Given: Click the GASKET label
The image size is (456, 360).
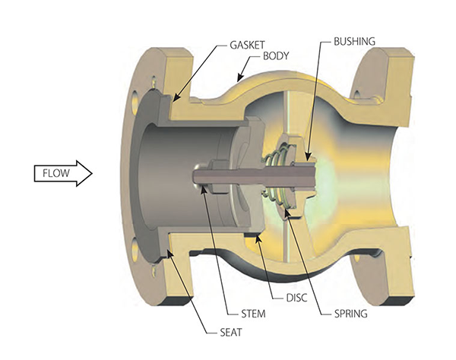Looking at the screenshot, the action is point(247,45).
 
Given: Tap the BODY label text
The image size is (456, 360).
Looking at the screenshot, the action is point(276,55).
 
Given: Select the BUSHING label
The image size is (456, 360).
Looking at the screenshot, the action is point(354,42).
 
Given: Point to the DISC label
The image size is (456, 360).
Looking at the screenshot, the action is point(296,298).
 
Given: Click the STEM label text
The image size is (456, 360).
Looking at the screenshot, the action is point(253,314).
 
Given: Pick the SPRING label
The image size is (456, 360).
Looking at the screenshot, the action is point(350,314).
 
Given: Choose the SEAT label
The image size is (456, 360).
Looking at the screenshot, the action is point(231,332).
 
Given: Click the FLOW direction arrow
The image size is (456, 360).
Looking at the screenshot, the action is point(63,173).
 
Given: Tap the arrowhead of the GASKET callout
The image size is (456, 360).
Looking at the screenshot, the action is point(176,98).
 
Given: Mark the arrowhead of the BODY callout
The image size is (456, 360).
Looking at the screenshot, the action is point(239,78).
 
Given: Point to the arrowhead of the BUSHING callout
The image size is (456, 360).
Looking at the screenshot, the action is point(308,156).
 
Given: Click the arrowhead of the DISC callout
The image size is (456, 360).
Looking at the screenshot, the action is point(257,238).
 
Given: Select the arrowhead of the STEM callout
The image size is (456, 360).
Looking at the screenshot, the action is point(203,189).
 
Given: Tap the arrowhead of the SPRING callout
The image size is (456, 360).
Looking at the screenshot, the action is point(287,212).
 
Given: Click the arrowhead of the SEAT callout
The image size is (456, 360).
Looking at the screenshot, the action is point(169,253).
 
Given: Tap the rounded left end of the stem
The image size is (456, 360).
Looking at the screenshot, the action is point(196,175).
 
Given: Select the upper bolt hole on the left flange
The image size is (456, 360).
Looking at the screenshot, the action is point(135,103).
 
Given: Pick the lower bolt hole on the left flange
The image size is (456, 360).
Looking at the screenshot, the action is point(135,251).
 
